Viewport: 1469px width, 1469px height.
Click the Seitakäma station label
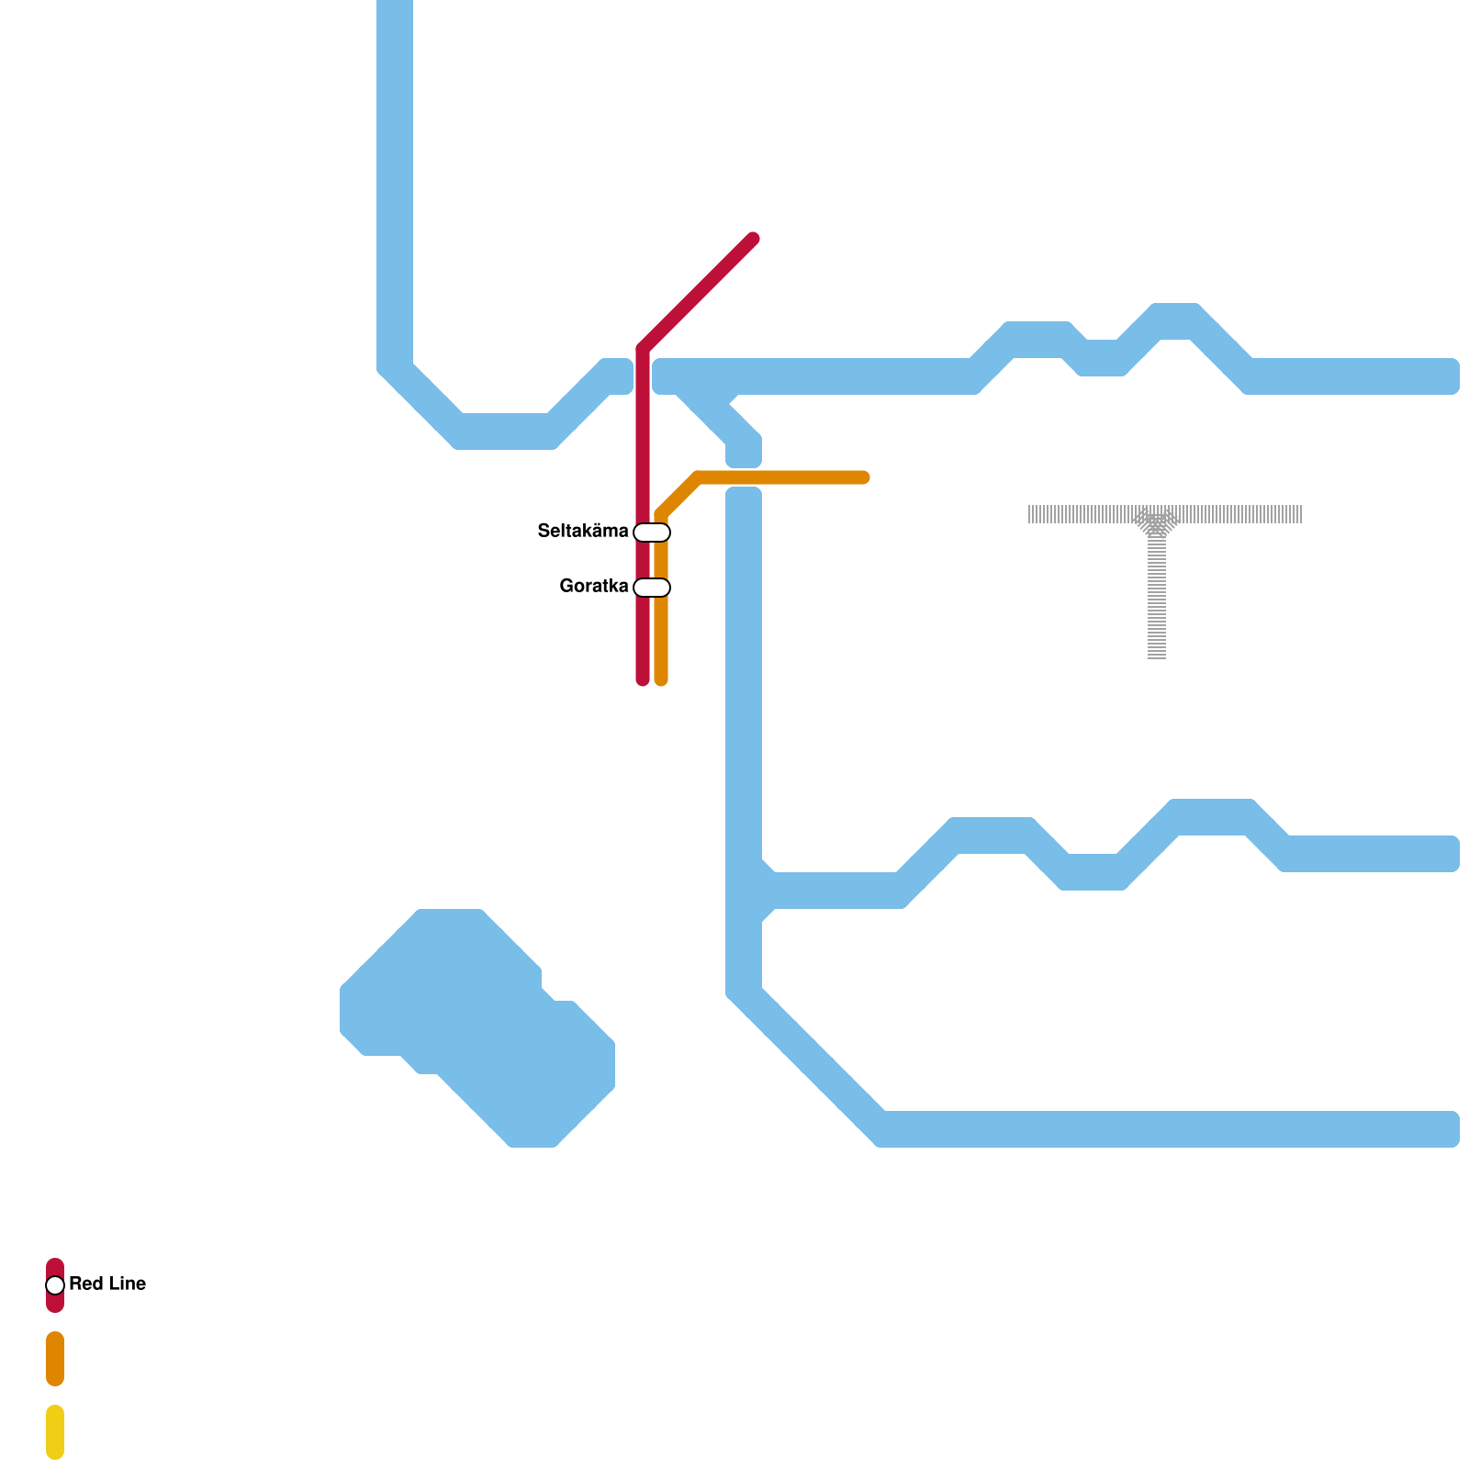[583, 532]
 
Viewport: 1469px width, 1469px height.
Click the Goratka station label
[594, 587]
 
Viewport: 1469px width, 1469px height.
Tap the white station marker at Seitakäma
[652, 533]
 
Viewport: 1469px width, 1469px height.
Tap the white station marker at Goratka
[652, 588]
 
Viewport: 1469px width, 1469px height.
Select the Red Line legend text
[107, 1284]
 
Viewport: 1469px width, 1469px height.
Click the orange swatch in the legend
[55, 1359]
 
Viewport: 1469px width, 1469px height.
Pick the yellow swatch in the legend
[55, 1432]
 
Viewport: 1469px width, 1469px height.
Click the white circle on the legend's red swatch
[55, 1285]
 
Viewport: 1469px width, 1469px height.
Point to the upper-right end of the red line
[753, 240]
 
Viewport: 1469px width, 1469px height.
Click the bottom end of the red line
[643, 679]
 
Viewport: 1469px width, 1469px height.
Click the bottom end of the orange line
[661, 679]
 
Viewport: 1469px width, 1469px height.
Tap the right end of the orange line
[863, 477]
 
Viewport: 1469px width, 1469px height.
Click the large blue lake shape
[477, 1019]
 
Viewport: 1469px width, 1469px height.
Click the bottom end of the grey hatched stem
[1157, 656]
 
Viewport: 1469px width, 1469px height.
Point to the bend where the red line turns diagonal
[643, 349]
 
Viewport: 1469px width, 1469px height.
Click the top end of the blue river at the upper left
[395, 6]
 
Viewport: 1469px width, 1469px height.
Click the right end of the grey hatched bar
[1299, 514]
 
